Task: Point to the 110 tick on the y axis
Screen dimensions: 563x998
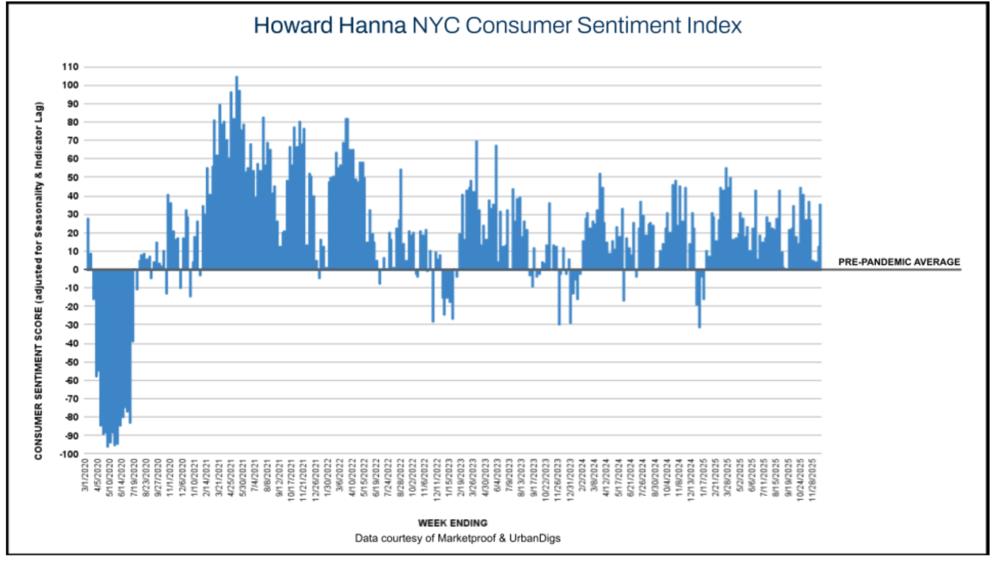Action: click(70, 67)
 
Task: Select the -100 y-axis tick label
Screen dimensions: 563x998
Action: click(68, 454)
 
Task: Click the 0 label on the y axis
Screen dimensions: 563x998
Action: click(75, 269)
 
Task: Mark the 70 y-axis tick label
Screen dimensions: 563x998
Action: click(72, 141)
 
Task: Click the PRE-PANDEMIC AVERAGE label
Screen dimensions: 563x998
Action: click(899, 262)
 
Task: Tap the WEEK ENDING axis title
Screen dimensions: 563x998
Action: click(452, 523)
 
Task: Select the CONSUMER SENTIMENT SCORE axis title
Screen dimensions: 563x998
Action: click(39, 280)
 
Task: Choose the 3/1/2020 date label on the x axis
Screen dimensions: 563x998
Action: click(86, 476)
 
